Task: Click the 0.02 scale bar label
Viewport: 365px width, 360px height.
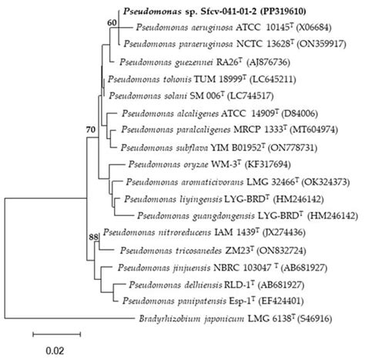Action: pyautogui.click(x=54, y=349)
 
